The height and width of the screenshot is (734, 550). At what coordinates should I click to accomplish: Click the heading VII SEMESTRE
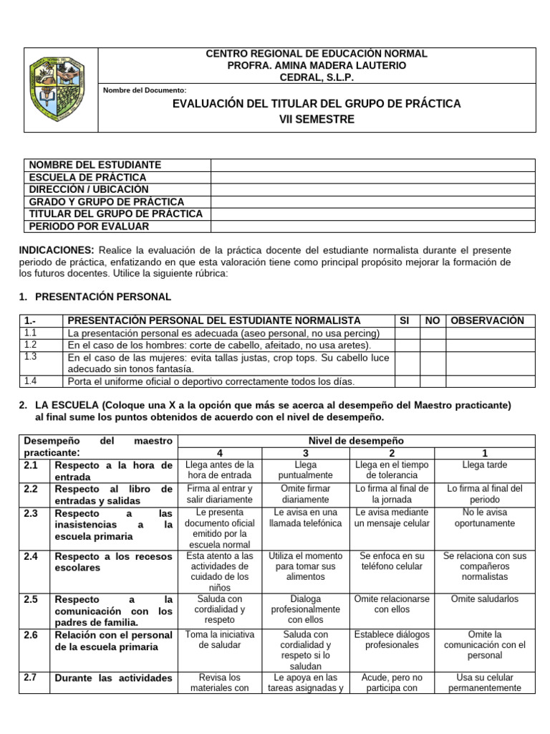tap(317, 119)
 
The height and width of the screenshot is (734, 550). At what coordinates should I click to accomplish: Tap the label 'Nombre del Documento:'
tap(145, 90)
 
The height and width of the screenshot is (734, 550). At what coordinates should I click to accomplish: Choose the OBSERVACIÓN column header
tap(487, 320)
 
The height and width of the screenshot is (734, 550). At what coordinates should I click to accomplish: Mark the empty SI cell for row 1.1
tap(406, 333)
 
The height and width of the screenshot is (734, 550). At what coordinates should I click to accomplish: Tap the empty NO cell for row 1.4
tap(433, 381)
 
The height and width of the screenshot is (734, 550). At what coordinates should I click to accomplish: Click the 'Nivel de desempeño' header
tap(356, 440)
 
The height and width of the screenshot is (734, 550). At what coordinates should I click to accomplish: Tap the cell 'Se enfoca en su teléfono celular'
tap(392, 561)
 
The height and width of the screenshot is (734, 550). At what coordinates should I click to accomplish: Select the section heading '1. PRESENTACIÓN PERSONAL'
tap(95, 296)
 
